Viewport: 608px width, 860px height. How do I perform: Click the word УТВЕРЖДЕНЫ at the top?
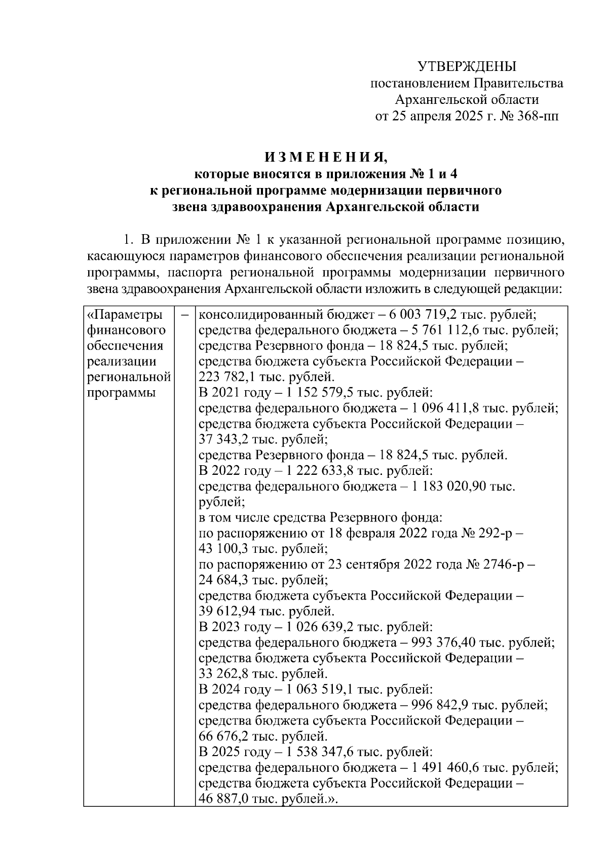[x=467, y=66]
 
